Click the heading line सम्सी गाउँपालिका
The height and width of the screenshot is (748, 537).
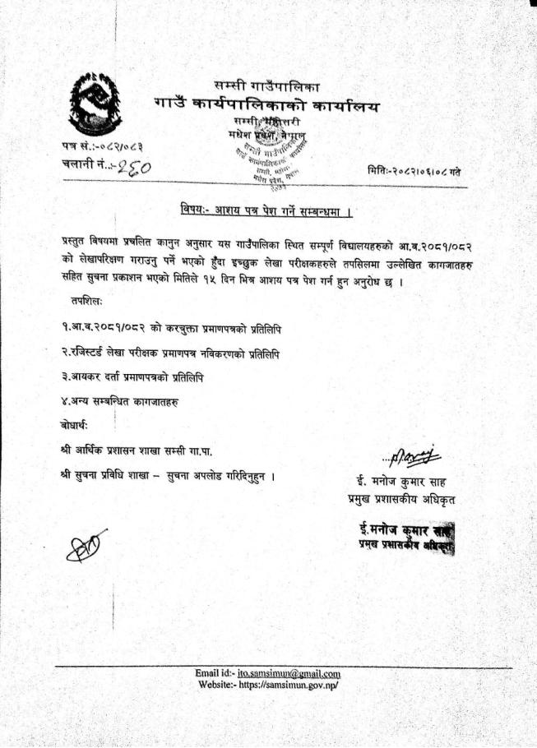(266, 86)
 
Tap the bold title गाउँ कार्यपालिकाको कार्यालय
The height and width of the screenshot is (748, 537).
(266, 106)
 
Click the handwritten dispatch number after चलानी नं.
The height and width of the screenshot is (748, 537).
(137, 167)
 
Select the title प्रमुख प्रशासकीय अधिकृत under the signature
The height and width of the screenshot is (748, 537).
(401, 499)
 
